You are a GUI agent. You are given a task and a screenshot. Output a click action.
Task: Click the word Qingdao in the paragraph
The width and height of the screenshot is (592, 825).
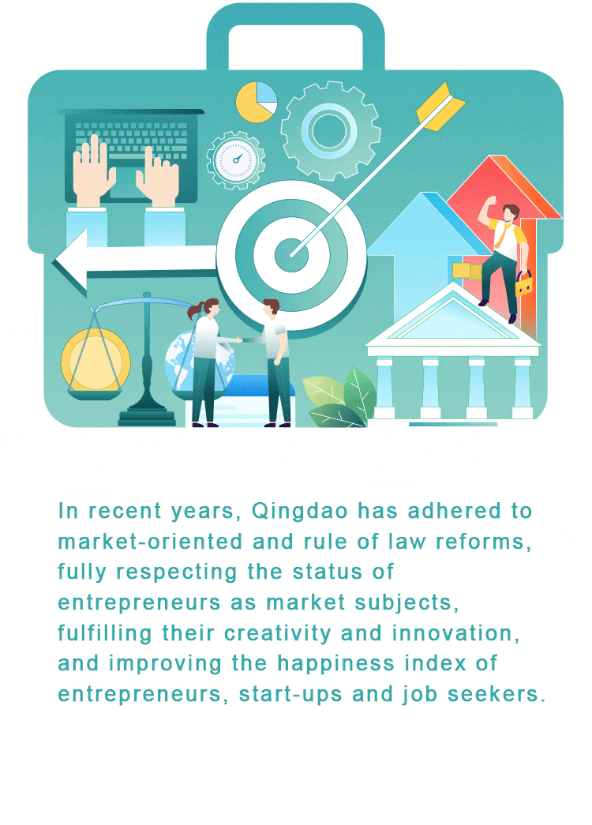coord(299,512)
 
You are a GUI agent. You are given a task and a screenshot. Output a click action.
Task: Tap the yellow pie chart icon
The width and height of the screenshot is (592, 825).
coord(257,102)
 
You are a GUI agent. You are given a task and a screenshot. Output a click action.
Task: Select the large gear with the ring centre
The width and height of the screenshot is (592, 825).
coord(331,130)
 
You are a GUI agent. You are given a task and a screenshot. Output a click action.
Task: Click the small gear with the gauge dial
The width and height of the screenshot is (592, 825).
coord(236,160)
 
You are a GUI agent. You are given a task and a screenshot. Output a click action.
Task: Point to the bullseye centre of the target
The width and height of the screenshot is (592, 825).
coord(291,255)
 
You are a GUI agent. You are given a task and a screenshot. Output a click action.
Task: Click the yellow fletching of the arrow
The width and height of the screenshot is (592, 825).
coord(440,106)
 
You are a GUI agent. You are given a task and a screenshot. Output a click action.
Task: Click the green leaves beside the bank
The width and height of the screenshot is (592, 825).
coord(340,398)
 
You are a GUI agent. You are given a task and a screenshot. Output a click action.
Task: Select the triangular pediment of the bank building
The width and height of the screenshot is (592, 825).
coord(452,317)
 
